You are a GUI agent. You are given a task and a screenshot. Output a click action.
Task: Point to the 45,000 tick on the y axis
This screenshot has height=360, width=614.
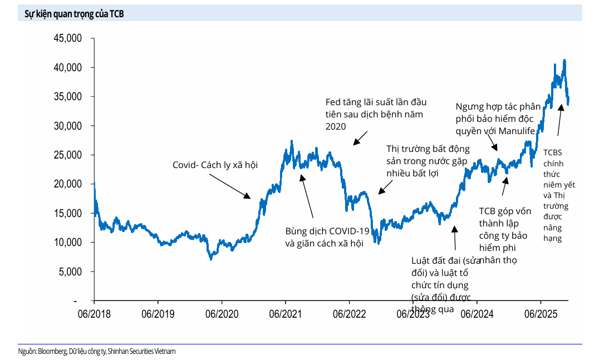pyautogui.click(x=66, y=38)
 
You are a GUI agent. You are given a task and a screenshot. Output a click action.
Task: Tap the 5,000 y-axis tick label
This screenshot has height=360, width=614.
pyautogui.click(x=69, y=272)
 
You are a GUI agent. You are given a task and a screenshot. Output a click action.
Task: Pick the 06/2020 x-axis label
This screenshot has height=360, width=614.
pyautogui.click(x=221, y=314)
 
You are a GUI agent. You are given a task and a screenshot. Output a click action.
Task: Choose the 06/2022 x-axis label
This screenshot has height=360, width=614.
pyautogui.click(x=348, y=314)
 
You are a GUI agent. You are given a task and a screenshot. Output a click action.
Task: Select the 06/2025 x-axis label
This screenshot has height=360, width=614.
pyautogui.click(x=539, y=314)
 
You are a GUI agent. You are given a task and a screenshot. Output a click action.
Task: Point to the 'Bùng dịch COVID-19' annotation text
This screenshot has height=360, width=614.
pyautogui.click(x=327, y=231)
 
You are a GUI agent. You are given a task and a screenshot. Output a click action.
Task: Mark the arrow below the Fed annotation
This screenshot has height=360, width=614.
pyautogui.click(x=360, y=138)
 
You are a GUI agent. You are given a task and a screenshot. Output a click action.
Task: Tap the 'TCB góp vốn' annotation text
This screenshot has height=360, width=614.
pyautogui.click(x=505, y=211)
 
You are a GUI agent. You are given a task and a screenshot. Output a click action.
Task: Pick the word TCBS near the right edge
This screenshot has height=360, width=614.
pyautogui.click(x=553, y=152)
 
